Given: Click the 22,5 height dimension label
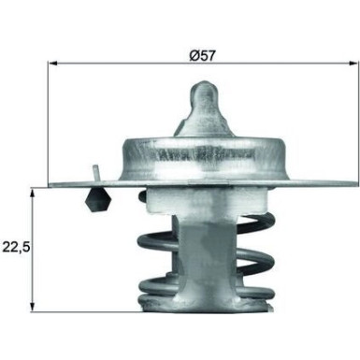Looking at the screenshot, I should [17, 248].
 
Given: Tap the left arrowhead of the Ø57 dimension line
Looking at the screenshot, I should [52, 64].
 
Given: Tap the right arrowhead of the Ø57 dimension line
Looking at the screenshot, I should [353, 64].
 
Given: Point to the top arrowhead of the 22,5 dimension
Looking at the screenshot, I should [34, 191].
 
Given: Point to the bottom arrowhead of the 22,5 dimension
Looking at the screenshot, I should [34, 306].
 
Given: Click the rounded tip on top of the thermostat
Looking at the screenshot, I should [204, 90].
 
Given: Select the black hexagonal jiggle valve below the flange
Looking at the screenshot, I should [96, 200].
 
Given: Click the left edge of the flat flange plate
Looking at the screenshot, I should [52, 186].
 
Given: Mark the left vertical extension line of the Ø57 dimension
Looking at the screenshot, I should [48, 122].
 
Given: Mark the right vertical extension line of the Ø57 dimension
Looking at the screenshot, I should [356, 122].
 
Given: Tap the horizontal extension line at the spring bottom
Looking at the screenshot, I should [84, 311].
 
